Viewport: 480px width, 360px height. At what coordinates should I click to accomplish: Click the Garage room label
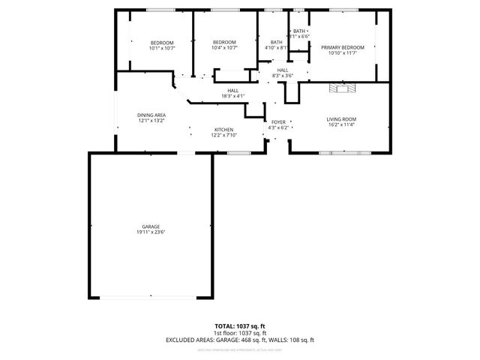[151, 226]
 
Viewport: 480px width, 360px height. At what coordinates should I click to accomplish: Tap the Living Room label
[340, 119]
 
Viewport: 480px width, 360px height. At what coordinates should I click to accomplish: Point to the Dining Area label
[151, 115]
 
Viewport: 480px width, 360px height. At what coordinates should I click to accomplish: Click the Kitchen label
[224, 129]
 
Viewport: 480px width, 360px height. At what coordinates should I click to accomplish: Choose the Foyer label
[278, 121]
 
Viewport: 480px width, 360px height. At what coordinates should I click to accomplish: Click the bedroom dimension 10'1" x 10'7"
[161, 48]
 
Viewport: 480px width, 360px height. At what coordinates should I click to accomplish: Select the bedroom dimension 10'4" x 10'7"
[224, 48]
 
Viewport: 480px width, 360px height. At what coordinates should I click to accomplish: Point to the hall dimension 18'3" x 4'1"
[233, 96]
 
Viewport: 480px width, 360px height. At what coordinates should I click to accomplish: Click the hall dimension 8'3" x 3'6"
[282, 76]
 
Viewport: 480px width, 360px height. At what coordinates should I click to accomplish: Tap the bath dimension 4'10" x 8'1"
[277, 48]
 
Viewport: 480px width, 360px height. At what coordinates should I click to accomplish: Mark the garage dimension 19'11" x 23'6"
[151, 232]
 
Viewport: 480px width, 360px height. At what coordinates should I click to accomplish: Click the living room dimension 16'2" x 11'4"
[340, 125]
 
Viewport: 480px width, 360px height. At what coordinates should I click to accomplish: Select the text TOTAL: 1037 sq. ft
[240, 326]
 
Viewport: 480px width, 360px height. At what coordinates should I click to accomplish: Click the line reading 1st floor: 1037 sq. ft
[240, 333]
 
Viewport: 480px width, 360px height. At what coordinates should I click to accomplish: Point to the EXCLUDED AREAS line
[240, 340]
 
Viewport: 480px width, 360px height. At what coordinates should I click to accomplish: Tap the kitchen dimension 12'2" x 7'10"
[224, 135]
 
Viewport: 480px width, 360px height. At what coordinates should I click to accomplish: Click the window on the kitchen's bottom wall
[238, 152]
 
